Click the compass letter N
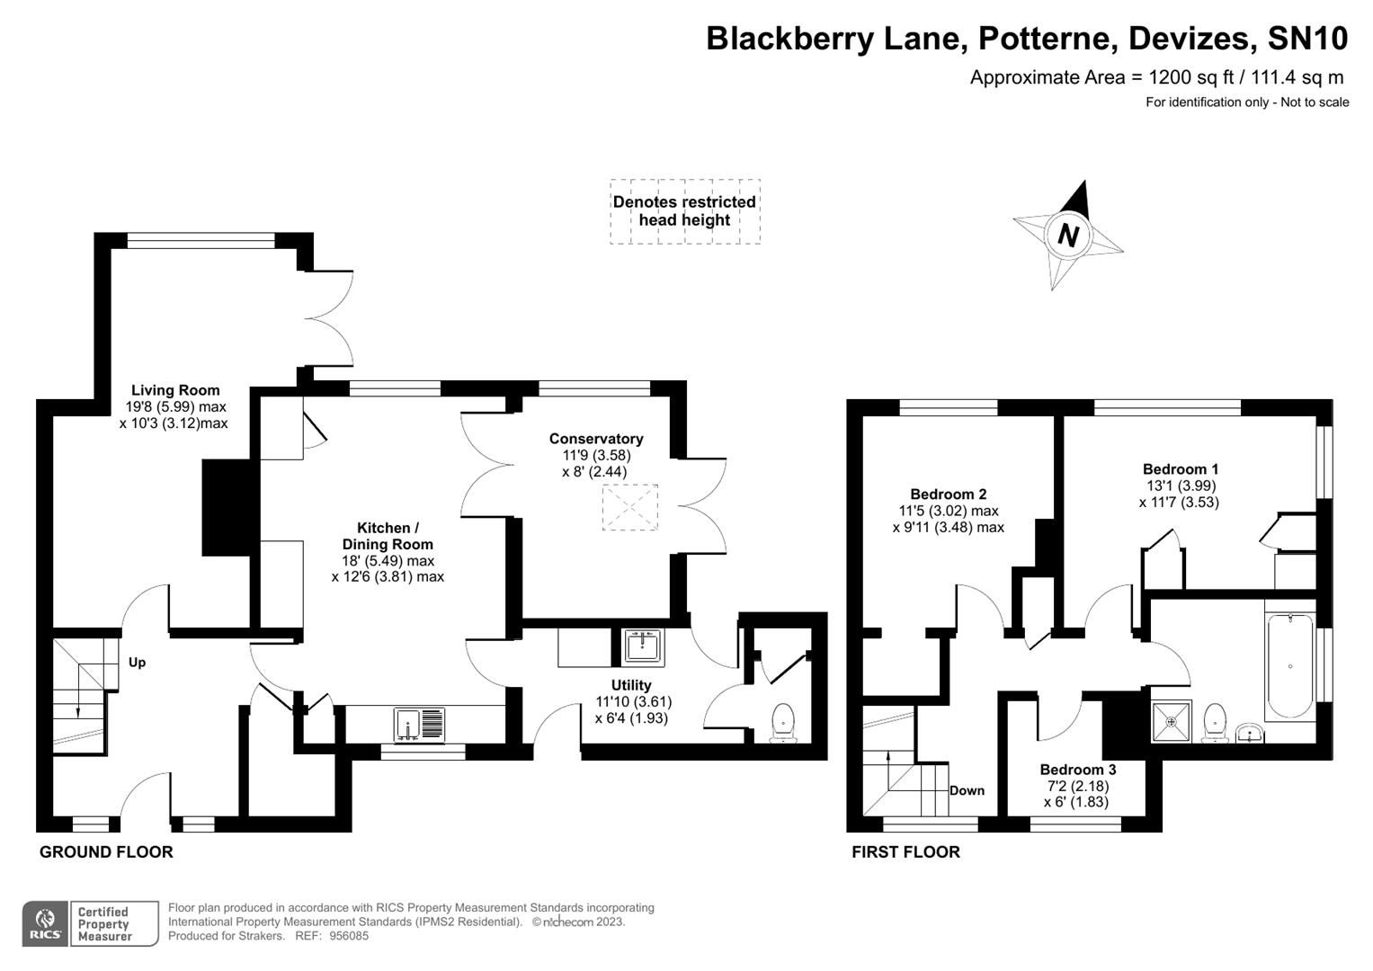coord(1067,236)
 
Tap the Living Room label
coord(175,390)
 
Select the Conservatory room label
coord(596,439)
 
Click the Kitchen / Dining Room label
coord(388,536)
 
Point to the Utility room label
coord(631,685)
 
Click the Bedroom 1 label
coord(1180,469)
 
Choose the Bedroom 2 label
coord(948,494)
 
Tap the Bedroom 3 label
coord(1077,770)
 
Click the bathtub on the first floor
coord(1289,667)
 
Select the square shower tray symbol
coord(1171,721)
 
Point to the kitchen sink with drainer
coord(419,725)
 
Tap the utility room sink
coord(642,646)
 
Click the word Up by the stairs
coord(137,663)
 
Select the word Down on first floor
coord(967,790)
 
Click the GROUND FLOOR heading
coord(106,851)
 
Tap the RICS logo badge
coord(44,923)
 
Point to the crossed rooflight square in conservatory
coord(629,507)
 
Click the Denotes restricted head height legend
coord(684,211)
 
